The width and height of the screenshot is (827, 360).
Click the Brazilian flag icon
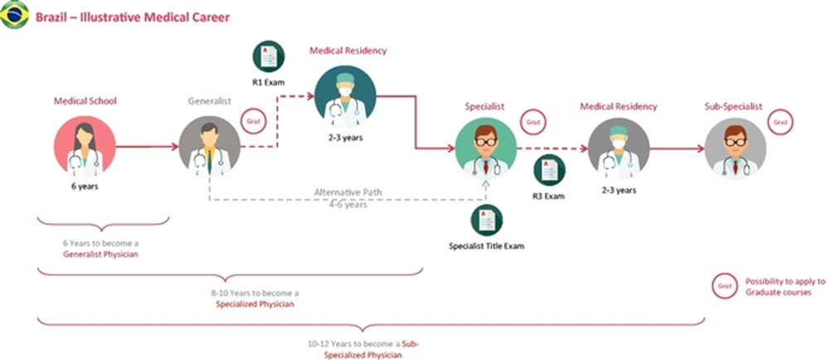point(15,15)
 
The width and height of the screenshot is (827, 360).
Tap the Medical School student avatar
point(85,147)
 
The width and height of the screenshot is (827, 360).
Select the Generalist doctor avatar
point(210,147)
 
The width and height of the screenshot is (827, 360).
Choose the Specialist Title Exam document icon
point(486,220)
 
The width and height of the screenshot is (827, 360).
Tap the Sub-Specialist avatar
point(735,147)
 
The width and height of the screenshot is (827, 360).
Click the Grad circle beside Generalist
point(253,121)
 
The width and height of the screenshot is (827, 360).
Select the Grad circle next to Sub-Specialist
point(779,122)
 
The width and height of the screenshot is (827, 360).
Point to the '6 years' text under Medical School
point(85,187)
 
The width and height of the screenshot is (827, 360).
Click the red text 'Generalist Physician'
point(101,254)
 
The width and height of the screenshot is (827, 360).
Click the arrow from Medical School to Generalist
point(147,148)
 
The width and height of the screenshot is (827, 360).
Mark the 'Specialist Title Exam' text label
point(486,246)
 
